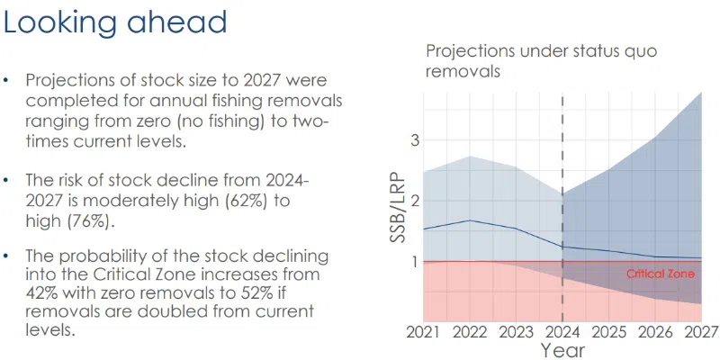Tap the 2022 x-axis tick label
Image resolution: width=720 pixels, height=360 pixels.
coord(468,330)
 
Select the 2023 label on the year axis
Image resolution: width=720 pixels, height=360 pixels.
coord(515,330)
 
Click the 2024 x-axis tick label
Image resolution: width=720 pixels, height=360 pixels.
coord(562,330)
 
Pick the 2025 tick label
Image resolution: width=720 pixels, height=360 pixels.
coord(608,330)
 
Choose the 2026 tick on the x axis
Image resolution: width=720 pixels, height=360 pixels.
coord(655,330)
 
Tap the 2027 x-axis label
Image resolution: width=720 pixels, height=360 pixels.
coord(700,330)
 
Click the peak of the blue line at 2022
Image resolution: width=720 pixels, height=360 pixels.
coord(468,220)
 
